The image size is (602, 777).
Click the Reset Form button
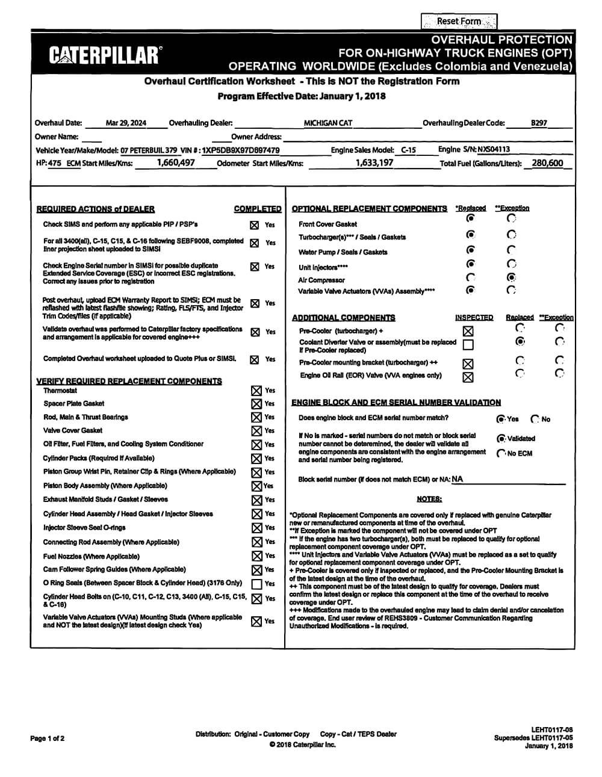[x=459, y=22]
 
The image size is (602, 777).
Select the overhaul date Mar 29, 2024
[x=126, y=123]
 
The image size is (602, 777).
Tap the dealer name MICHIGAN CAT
[x=328, y=123]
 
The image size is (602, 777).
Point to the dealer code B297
[x=539, y=123]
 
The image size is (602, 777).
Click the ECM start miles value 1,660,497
[x=176, y=163]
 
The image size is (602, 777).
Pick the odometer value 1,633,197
[x=374, y=163]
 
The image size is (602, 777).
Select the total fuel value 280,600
[x=547, y=163]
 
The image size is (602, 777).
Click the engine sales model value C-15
[x=408, y=150]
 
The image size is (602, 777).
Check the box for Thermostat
[x=256, y=391]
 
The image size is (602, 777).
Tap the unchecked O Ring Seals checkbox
[x=256, y=584]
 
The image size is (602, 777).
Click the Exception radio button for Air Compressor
[x=511, y=277]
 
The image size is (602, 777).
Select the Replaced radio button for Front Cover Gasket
[x=471, y=218]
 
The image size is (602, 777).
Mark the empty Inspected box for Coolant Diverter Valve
[x=468, y=345]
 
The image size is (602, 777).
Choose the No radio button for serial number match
[x=535, y=419]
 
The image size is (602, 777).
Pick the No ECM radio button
[x=501, y=453]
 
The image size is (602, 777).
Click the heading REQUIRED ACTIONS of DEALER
[x=96, y=209]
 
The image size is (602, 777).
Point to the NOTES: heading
[x=429, y=499]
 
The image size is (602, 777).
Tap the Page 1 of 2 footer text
[x=47, y=738]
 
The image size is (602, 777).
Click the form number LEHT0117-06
[x=552, y=729]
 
